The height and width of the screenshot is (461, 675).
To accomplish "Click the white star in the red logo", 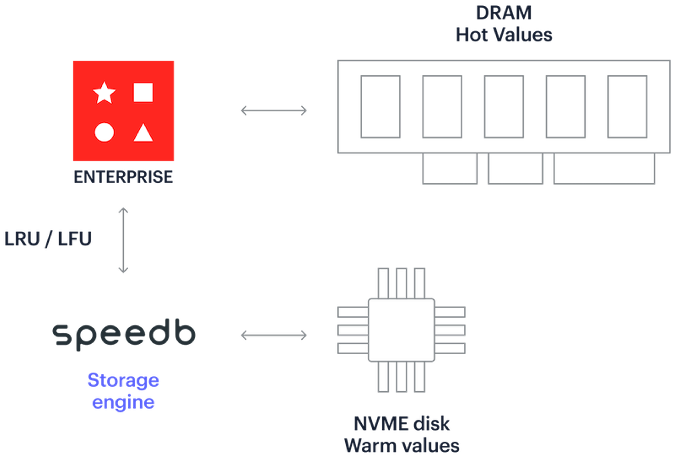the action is tap(104, 93).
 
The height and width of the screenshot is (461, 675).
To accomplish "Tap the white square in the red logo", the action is tap(143, 93).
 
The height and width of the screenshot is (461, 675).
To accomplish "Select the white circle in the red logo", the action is tap(104, 132).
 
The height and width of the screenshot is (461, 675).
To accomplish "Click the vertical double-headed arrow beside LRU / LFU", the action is tap(123, 240).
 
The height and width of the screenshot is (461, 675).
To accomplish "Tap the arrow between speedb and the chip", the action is tap(274, 335).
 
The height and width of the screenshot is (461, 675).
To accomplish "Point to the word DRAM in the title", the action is tap(504, 13).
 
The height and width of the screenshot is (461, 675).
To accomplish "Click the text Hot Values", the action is tap(504, 35).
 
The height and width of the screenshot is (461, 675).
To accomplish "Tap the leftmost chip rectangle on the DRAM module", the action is tap(381, 107).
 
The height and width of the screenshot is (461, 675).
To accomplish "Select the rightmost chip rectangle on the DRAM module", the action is tap(627, 107).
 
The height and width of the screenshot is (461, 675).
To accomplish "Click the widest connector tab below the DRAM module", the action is tap(604, 168).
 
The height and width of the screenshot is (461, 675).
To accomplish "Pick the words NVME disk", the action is tap(402, 424).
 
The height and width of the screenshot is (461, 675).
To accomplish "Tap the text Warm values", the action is tap(402, 446).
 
